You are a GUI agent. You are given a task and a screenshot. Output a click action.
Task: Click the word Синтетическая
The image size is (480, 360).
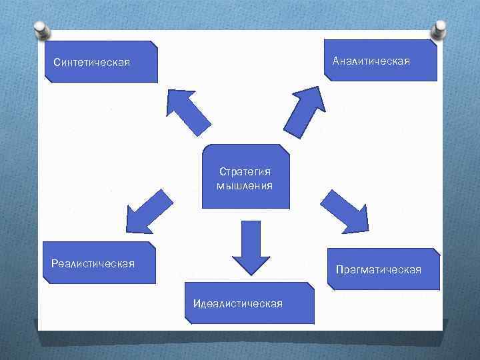point(91,63)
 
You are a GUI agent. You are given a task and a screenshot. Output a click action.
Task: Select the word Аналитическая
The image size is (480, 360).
point(371,61)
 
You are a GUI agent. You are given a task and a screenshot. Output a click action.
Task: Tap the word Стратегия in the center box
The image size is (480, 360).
point(245,172)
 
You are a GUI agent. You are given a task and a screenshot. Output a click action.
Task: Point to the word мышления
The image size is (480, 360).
point(245,185)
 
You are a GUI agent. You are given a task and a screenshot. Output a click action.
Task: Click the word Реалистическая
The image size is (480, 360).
point(93,263)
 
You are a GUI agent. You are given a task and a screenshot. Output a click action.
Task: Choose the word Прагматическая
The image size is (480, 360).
point(379,269)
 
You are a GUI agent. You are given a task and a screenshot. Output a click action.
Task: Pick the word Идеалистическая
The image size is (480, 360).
point(237,303)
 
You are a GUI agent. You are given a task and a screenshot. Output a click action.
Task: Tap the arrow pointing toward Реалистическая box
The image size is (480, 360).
point(147,211)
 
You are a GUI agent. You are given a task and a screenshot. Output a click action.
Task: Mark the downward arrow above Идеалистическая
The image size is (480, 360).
point(250,247)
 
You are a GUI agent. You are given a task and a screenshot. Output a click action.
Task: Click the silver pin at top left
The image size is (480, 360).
point(40,31)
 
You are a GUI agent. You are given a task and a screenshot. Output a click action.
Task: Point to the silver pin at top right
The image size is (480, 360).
point(440,29)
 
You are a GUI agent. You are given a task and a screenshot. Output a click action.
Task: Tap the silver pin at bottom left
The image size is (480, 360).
point(39,329)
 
